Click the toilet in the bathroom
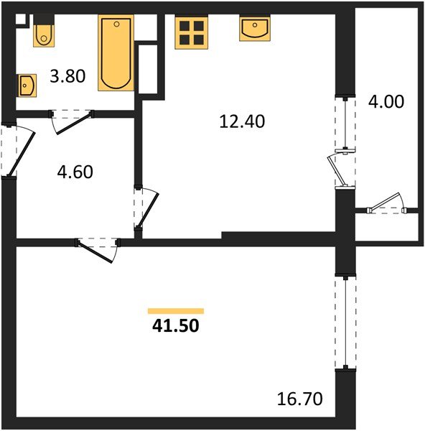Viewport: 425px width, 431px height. point(42,32)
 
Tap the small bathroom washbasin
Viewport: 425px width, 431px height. point(28,85)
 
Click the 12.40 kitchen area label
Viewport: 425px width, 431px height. point(241,122)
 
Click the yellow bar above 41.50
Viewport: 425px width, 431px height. point(175,311)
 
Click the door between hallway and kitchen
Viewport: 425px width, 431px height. point(147,208)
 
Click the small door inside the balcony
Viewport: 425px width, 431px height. point(388,205)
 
